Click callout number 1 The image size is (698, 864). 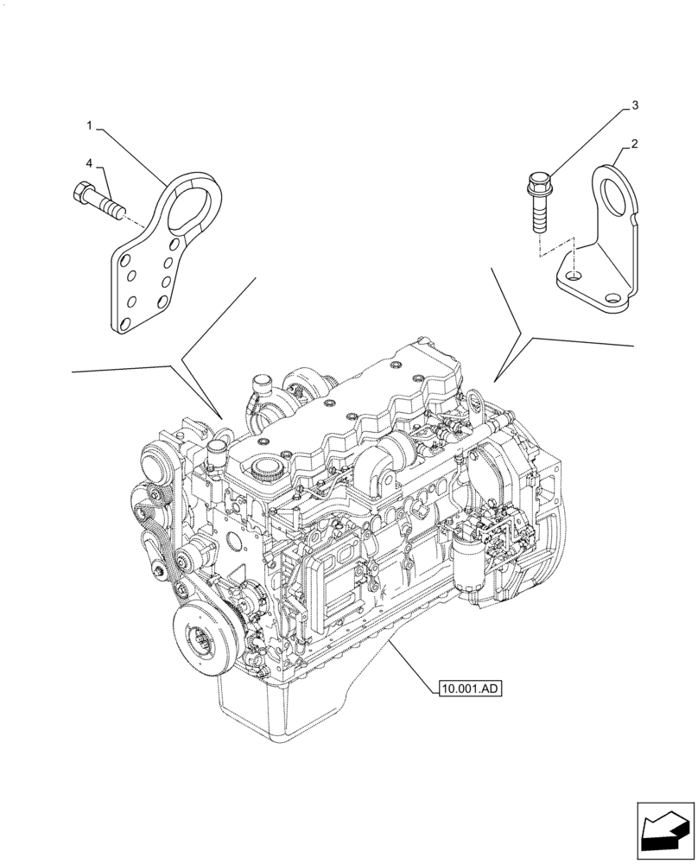point(89,126)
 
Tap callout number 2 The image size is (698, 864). point(635,144)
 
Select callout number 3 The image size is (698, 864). point(635,105)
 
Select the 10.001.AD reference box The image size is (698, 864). point(470,689)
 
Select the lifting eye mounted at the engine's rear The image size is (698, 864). point(473,402)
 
